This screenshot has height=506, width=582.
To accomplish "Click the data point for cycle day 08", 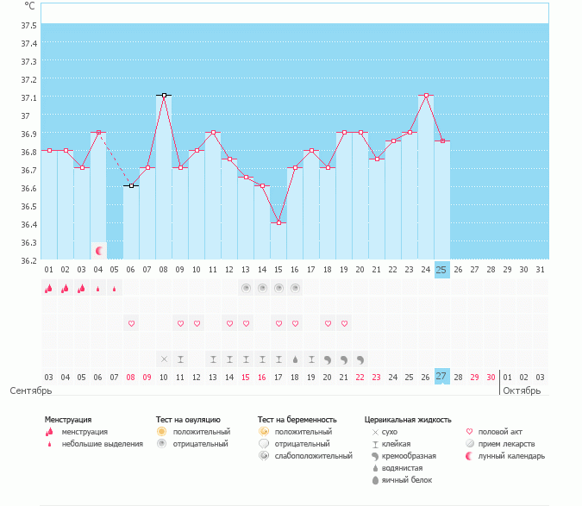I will click(163, 95).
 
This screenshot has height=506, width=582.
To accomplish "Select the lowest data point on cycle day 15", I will click(278, 222).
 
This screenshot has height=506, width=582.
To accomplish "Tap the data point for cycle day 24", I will click(426, 95).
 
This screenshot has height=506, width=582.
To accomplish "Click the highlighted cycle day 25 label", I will click(441, 269).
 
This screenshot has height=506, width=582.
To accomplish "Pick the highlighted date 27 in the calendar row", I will click(441, 377).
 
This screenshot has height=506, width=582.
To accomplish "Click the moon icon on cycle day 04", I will click(99, 251).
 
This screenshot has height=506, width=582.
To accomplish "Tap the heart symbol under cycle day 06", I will click(131, 323).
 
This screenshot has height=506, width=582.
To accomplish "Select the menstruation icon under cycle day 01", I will click(49, 289).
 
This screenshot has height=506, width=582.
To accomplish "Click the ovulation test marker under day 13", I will click(246, 288).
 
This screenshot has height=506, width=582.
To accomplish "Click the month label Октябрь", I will click(522, 390).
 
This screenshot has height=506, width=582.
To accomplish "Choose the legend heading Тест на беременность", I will click(297, 419).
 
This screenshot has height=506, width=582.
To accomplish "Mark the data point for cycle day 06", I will click(131, 186).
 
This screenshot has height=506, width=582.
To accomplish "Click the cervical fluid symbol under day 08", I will click(164, 359).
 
